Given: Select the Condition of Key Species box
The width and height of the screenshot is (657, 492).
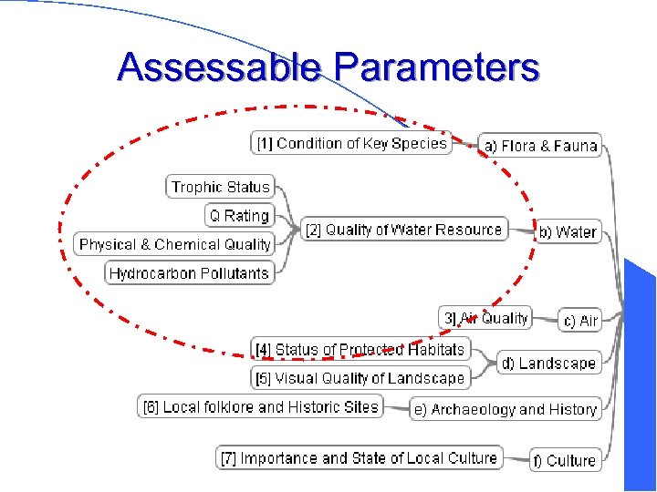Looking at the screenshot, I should click(351, 143).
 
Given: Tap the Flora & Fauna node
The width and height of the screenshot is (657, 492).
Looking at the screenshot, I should click(540, 146).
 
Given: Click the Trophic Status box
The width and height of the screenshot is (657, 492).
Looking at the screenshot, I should click(221, 187).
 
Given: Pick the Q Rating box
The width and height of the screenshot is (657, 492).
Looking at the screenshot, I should click(239, 216).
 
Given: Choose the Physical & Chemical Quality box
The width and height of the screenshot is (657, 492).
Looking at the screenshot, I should click(174, 244).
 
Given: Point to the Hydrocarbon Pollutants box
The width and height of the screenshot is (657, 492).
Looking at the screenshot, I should click(189, 272).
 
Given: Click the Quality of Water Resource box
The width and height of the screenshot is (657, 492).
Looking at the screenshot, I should click(403, 230).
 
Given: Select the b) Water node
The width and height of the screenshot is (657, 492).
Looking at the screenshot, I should click(567, 232).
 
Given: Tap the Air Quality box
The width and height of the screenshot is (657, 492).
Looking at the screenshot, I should click(485, 318).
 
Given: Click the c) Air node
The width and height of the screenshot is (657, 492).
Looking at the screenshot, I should click(580, 321).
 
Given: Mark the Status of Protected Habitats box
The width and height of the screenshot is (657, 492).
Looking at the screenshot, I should click(360, 349).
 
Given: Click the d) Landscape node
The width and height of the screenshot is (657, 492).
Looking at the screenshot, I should click(548, 364).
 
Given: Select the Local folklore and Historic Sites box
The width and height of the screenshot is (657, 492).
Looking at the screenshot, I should click(260, 407).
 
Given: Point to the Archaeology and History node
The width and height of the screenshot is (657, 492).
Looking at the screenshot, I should click(505, 410).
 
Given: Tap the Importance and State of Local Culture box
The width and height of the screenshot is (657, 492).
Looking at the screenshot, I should click(360, 457).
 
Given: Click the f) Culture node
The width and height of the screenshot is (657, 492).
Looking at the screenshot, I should click(564, 461).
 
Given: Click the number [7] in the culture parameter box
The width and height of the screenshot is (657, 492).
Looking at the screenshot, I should click(229, 457).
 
